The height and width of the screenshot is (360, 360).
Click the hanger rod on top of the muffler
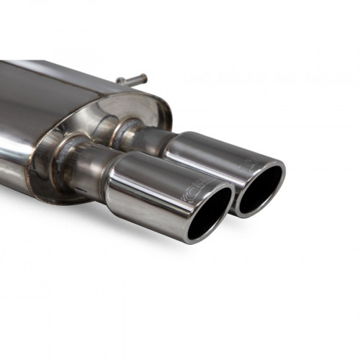pos(131,80)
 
